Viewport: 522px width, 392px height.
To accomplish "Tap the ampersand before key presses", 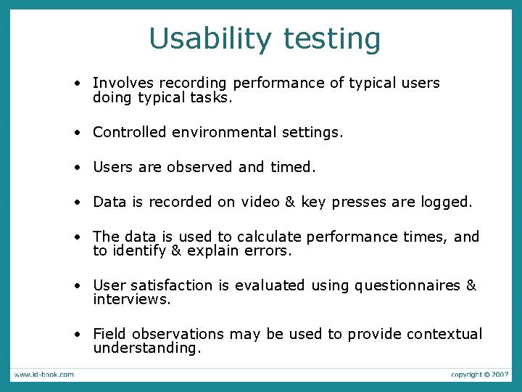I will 291,202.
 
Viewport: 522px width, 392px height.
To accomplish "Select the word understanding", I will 146,348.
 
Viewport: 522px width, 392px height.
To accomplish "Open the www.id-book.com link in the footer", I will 43,375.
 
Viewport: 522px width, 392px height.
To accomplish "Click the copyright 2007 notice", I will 480,375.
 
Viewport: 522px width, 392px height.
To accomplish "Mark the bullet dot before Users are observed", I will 76,168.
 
